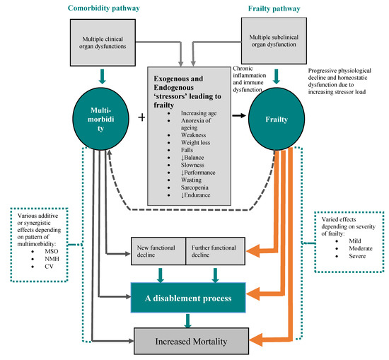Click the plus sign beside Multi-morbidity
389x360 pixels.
tap(141, 119)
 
